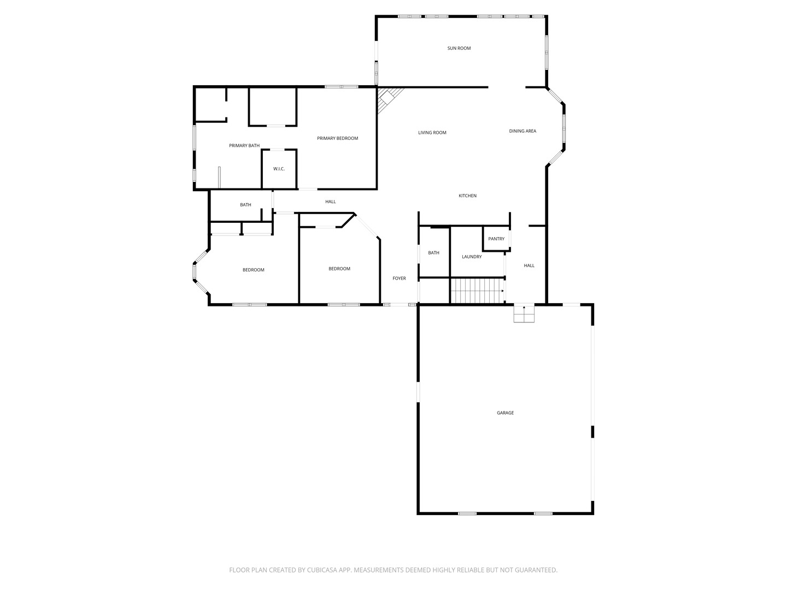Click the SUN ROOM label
[x=459, y=48]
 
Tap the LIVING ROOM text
[x=432, y=133]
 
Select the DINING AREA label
[x=522, y=131]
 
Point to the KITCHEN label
[x=467, y=196]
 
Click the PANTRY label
[x=496, y=239]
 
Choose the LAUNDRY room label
[x=472, y=257]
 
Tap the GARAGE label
[x=505, y=413]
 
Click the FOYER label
[x=400, y=279]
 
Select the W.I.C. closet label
[x=279, y=169]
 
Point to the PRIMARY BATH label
[x=244, y=145]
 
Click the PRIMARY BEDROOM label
[x=337, y=138]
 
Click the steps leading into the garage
[x=524, y=314]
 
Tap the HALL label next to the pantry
[x=529, y=265]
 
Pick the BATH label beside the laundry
[x=433, y=253]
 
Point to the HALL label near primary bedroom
[x=331, y=202]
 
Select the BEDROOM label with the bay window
[x=254, y=270]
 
